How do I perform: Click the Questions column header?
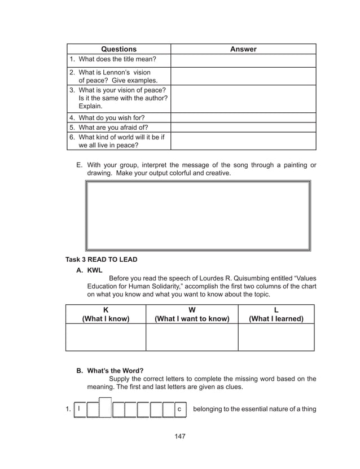118,49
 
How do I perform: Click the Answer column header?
243,49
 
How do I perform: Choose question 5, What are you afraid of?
108,127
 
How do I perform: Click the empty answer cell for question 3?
243,98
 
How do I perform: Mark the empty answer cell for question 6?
243,141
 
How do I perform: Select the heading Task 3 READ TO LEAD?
102,260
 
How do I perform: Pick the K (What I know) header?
106,314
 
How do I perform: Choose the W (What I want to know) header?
192,314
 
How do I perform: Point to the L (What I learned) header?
276,314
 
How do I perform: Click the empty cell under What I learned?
276,337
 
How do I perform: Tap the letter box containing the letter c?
179,409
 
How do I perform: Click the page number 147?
179,436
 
